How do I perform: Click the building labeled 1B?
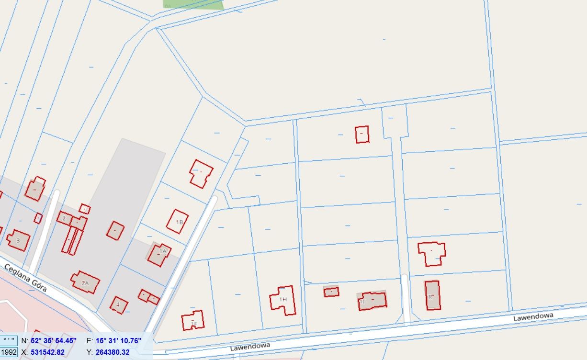[178, 221]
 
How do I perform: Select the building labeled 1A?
[159, 254]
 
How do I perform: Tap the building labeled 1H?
[283, 300]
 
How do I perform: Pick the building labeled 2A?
[85, 282]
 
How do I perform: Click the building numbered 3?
[19, 240]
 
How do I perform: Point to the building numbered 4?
[119, 305]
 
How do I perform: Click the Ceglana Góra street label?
[26, 278]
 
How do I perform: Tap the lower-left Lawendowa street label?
[250, 346]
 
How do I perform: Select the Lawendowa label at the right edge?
[533, 316]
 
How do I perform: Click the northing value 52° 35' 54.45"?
[54, 341]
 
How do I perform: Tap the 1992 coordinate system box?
[9, 352]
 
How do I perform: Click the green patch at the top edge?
[193, 4]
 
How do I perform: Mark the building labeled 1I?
[373, 300]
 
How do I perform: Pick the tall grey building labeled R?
[432, 295]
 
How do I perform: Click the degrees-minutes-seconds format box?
[9, 341]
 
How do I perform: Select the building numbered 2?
[64, 218]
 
